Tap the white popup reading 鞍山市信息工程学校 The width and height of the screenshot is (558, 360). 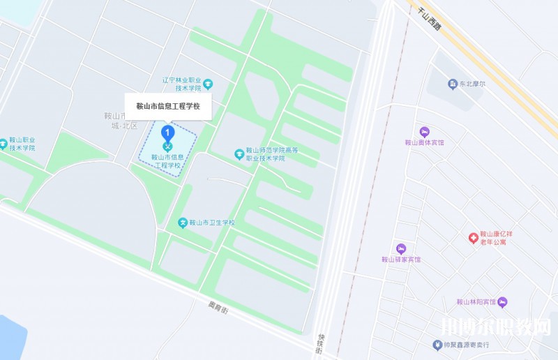[x=167, y=106]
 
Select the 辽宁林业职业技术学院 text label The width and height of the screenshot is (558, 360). [x=181, y=84]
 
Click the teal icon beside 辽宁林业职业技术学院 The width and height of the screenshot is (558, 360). [x=208, y=84]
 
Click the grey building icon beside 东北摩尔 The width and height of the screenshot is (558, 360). [x=452, y=84]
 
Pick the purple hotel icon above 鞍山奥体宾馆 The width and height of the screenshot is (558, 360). [x=424, y=131]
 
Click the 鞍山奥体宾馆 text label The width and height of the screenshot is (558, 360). [x=424, y=142]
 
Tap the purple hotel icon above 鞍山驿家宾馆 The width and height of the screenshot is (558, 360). [x=400, y=248]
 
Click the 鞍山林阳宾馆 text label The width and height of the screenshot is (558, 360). [x=475, y=302]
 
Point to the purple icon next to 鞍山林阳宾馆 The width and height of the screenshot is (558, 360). [x=502, y=302]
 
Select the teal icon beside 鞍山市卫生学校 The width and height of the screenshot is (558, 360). [x=183, y=223]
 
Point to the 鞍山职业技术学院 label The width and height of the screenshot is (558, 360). [x=22, y=144]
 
